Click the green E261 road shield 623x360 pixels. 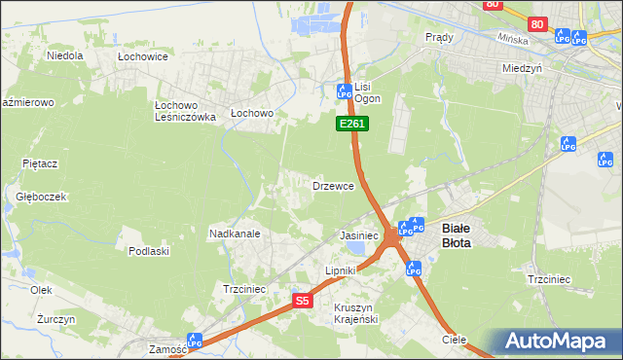351,125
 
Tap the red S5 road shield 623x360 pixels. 303,301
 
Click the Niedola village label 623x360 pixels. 65,55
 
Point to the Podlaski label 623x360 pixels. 149,251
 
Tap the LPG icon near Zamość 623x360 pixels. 195,341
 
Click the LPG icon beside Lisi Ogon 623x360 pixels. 343,91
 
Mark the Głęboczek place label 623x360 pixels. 41,196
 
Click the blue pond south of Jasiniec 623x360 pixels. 358,249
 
